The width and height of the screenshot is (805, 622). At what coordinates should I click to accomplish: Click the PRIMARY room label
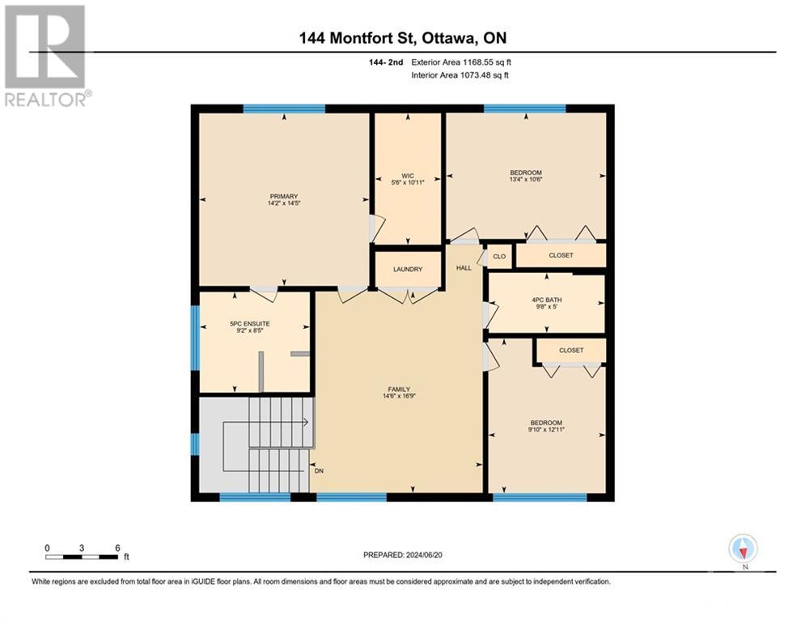click(284, 196)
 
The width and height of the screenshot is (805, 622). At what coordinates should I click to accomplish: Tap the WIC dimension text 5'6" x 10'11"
click(408, 182)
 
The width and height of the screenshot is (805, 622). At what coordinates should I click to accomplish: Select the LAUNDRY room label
click(408, 269)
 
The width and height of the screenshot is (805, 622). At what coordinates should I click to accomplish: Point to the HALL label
click(463, 267)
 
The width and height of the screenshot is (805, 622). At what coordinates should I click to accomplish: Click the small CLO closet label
click(499, 257)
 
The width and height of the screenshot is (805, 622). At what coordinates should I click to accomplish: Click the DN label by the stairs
click(319, 470)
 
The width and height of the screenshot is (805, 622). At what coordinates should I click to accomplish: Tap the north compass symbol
click(742, 548)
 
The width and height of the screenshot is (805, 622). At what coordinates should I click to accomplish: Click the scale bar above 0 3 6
click(82, 556)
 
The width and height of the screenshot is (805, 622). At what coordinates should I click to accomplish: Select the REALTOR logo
click(46, 55)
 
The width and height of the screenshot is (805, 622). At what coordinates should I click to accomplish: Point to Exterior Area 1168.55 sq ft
click(460, 62)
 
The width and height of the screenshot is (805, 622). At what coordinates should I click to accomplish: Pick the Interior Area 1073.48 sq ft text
click(460, 75)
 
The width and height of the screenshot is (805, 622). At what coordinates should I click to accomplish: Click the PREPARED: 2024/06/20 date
click(404, 555)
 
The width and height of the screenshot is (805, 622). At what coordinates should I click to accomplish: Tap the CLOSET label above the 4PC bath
click(561, 255)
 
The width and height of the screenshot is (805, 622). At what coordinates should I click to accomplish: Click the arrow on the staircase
click(305, 421)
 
